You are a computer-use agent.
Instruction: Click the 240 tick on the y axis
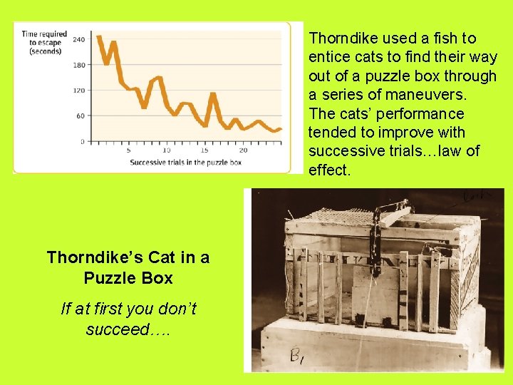[78, 39]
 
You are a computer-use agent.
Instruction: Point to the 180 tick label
[78, 65]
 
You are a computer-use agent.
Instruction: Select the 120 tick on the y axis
[78, 91]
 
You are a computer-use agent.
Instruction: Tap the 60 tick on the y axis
[80, 115]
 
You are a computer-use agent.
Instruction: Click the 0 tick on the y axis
[82, 141]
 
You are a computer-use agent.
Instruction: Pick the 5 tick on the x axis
[128, 150]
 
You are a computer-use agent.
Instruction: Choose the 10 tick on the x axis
[167, 150]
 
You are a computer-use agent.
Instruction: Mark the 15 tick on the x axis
[204, 150]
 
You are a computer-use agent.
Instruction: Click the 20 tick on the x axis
[243, 150]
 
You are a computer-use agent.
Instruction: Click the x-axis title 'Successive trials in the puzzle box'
[185, 163]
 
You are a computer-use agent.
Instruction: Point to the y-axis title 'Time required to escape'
[44, 42]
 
